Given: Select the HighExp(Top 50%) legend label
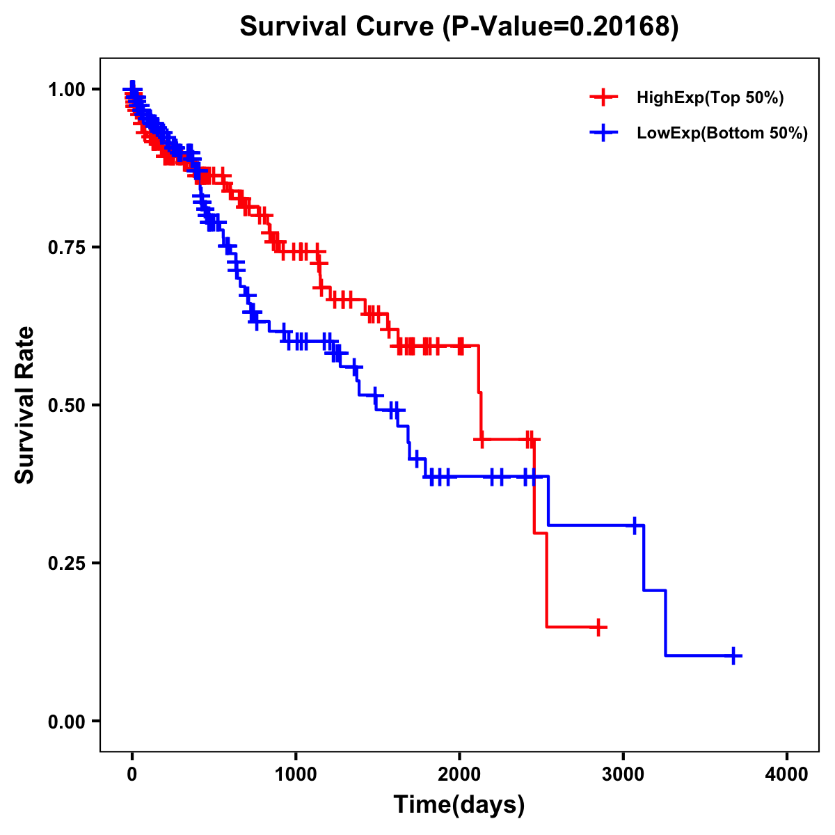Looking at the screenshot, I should pos(710,98).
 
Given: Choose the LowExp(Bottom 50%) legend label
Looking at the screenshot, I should pos(722,133).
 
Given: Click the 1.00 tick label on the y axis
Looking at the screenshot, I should pos(66,89).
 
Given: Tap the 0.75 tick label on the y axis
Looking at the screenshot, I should pos(66,247).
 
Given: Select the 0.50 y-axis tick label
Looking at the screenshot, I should pos(66,405).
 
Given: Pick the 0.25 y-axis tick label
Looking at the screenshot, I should pos(66,563).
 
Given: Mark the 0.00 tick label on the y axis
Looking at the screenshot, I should pos(66,721).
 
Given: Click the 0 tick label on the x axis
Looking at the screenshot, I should pos(132,774).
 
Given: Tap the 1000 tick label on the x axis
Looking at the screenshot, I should pos(296,774).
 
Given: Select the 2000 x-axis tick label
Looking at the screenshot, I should pos(459,774).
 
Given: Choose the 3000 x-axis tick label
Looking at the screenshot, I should pos(623,774).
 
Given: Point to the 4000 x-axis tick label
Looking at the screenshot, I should pos(787,774).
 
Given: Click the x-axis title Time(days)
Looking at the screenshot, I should pos(459,805).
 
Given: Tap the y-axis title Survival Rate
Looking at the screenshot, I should pos(25,405).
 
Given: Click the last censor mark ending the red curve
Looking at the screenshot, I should pos(598,627).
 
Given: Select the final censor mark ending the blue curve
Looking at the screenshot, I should pos(733,655).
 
